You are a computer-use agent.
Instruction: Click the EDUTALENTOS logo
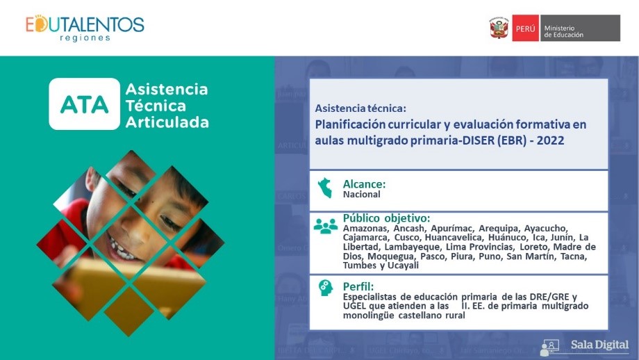pyautogui.click(x=85, y=28)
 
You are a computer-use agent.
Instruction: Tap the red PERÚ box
pyautogui.click(x=525, y=28)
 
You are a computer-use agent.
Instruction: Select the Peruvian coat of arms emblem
pyautogui.click(x=499, y=28)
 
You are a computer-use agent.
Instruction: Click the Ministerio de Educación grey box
pyautogui.click(x=581, y=28)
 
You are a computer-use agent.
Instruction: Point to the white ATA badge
pyautogui.click(x=84, y=104)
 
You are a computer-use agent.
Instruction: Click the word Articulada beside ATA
pyautogui.click(x=167, y=122)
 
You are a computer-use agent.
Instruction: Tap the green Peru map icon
pyautogui.click(x=325, y=188)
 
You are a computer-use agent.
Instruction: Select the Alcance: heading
pyautogui.click(x=364, y=184)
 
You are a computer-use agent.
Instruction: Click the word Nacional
pyautogui.click(x=361, y=195)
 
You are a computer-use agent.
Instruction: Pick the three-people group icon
pyautogui.click(x=326, y=226)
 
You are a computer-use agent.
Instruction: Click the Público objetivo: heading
pyautogui.click(x=386, y=218)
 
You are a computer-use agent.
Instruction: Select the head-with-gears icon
pyautogui.click(x=326, y=288)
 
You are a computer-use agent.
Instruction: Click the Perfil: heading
pyautogui.click(x=358, y=286)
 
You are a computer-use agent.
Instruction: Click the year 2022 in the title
pyautogui.click(x=550, y=140)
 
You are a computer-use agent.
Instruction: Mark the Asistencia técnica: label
pyautogui.click(x=360, y=108)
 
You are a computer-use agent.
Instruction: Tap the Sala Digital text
pyautogui.click(x=599, y=345)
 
